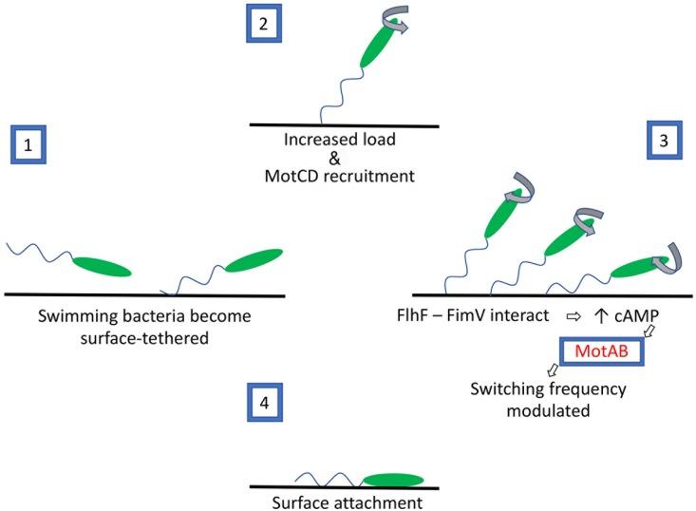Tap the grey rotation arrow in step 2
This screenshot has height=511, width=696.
point(395,25)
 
